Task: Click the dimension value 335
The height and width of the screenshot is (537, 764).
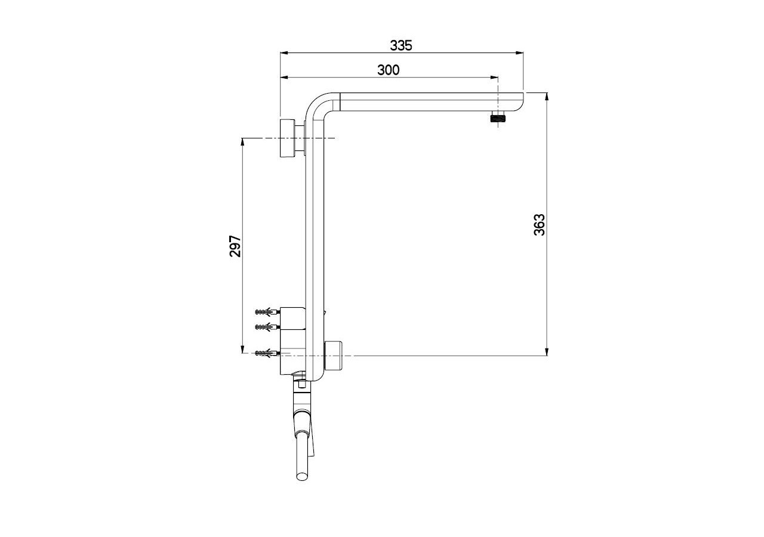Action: [401, 45]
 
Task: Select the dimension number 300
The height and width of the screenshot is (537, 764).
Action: [389, 70]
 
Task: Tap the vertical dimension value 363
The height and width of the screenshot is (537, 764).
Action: [540, 225]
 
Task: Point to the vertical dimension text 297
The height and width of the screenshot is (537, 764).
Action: [235, 246]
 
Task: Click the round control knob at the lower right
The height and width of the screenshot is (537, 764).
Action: [333, 355]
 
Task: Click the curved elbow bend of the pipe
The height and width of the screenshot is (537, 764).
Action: [318, 106]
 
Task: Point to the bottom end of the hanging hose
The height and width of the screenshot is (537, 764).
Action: [303, 476]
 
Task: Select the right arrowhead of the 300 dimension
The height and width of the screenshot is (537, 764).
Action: [494, 78]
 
